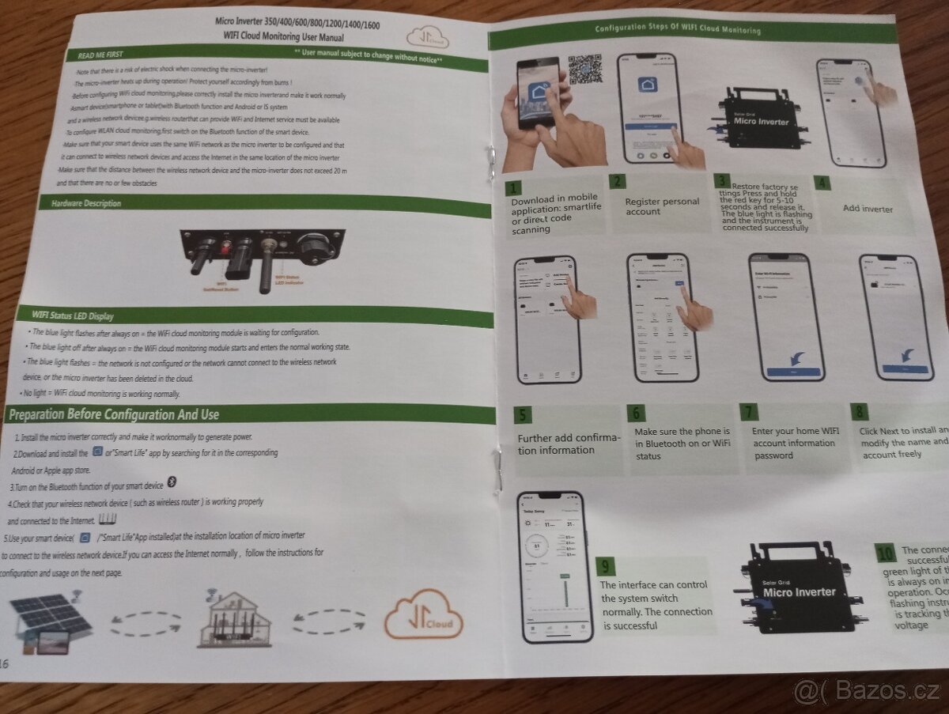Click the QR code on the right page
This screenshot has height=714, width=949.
584,70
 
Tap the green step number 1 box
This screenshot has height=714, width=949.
514,188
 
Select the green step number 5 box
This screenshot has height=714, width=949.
522,416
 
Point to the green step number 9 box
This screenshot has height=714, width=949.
605,566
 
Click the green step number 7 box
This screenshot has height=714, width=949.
750,412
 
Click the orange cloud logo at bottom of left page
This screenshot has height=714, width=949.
423,613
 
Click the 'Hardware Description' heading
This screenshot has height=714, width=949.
86,203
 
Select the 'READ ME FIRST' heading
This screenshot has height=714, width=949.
100,55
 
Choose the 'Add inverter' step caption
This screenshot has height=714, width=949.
868,209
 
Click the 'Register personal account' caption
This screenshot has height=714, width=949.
662,206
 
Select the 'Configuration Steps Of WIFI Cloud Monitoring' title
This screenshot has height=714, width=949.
678,30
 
